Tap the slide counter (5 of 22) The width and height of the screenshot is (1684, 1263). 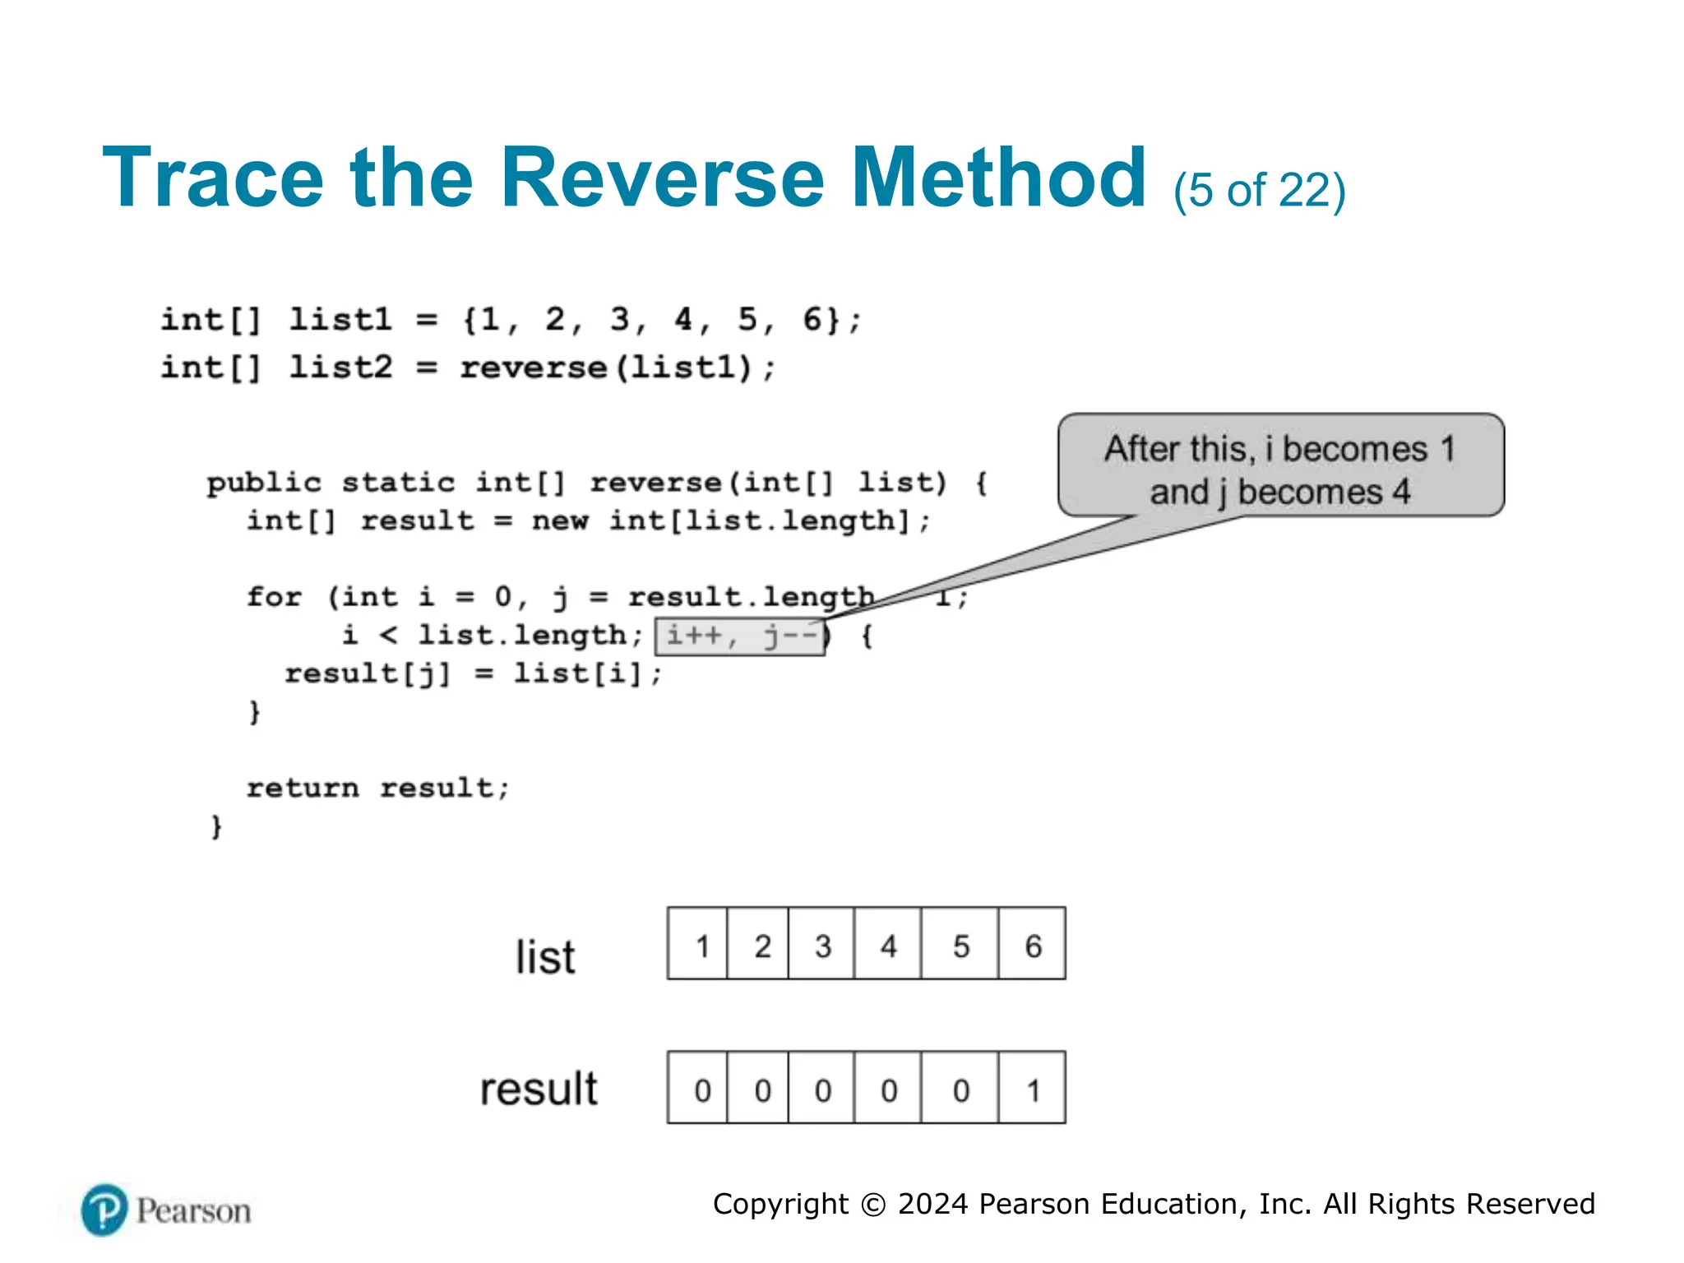[1259, 191]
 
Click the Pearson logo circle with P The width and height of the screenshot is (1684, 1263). [104, 1210]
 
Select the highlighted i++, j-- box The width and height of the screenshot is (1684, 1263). [740, 636]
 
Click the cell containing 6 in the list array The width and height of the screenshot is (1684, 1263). [1032, 945]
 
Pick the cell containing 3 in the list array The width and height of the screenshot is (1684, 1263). [821, 945]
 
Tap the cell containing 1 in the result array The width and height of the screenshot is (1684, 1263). [1032, 1089]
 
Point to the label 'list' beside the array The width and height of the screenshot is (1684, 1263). [545, 957]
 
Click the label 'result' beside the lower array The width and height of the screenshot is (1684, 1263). [539, 1089]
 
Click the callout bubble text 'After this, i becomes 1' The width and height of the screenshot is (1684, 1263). [1279, 449]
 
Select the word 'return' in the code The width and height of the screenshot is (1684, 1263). [303, 788]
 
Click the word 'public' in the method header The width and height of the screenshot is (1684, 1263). [264, 482]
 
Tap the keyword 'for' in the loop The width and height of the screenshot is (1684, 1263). [275, 596]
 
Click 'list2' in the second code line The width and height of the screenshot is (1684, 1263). [340, 367]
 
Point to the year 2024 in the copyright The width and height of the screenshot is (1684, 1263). [932, 1204]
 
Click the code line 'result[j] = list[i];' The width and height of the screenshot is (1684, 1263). [473, 673]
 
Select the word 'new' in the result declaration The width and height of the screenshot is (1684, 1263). [559, 520]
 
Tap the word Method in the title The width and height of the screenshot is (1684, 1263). [997, 178]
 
